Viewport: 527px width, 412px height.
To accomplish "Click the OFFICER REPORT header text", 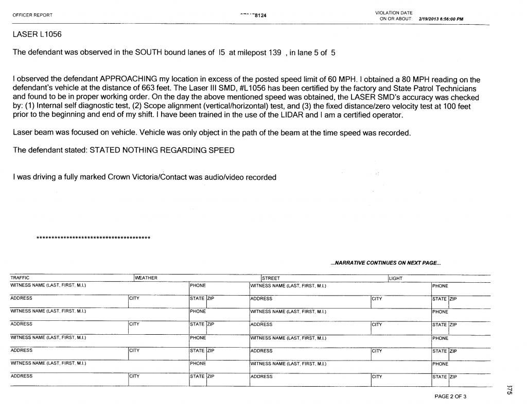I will point(32,15).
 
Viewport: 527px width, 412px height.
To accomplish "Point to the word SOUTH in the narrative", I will point(149,52).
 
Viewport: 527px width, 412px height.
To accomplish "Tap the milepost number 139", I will point(271,52).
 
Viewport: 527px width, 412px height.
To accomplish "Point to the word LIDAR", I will point(292,114).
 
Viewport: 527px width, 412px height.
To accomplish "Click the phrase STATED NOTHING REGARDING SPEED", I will point(162,150).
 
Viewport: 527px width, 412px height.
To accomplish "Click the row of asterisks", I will point(93,237).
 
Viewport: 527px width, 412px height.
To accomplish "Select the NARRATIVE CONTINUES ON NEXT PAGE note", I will point(385,263).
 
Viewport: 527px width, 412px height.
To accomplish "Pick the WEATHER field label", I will point(146,279).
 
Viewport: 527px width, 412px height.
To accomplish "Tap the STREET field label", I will point(271,279).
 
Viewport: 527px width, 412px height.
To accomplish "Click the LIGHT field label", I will point(396,279).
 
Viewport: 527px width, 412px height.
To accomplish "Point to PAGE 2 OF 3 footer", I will point(450,397).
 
